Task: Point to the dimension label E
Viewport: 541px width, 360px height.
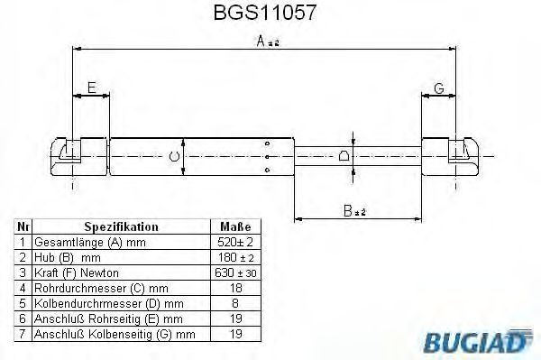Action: coord(90,88)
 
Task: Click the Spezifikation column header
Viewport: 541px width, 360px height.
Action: coord(121,226)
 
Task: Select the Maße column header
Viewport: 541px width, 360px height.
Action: coord(235,226)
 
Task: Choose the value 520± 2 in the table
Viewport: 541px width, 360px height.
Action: coord(235,242)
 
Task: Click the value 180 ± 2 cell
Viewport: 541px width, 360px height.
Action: coord(235,257)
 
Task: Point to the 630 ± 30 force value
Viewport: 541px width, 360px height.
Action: coord(235,272)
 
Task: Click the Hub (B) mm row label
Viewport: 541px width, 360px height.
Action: coord(63,257)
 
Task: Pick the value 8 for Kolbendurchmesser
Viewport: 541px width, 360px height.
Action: coord(235,303)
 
